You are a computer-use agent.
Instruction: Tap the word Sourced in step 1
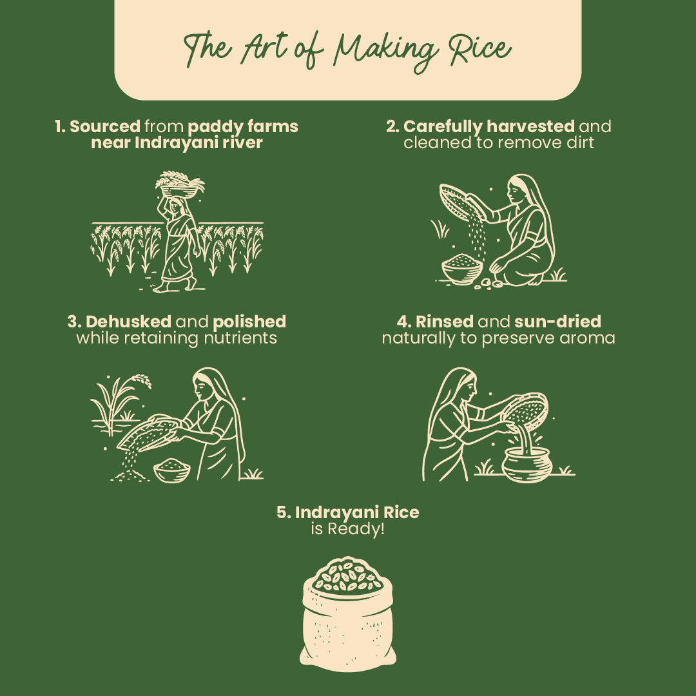tap(104, 126)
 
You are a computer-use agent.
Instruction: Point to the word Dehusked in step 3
tap(128, 321)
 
